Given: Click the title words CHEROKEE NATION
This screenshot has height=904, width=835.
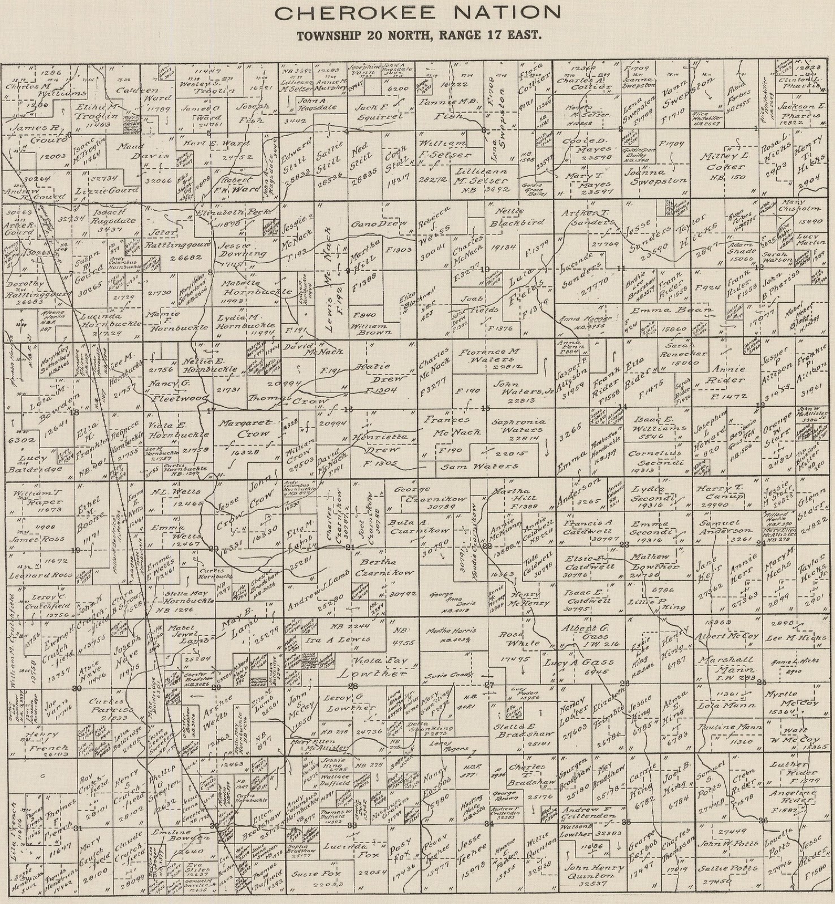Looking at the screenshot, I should pos(418,12).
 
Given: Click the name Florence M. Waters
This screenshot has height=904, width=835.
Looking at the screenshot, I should pos(489,355).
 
